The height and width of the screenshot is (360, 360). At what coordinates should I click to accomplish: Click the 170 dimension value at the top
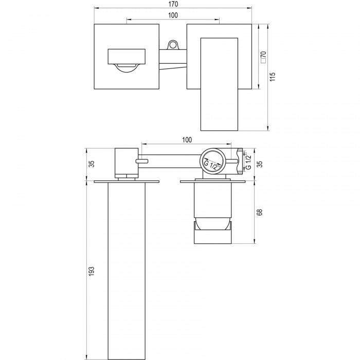(173, 4)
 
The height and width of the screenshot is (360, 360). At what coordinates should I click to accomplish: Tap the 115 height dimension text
(272, 77)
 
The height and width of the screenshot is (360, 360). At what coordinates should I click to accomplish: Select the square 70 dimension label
(263, 57)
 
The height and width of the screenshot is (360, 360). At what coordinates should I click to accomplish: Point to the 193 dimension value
(92, 271)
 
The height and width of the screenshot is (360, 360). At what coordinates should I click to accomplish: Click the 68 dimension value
(259, 212)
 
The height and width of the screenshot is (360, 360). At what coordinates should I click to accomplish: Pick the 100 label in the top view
(173, 15)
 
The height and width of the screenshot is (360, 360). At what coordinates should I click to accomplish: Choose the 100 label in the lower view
(187, 140)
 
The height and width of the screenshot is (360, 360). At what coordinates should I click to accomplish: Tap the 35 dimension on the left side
(92, 164)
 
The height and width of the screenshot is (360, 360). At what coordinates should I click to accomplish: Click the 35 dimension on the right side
(260, 164)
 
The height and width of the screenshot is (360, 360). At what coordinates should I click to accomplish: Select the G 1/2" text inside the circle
(213, 165)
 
